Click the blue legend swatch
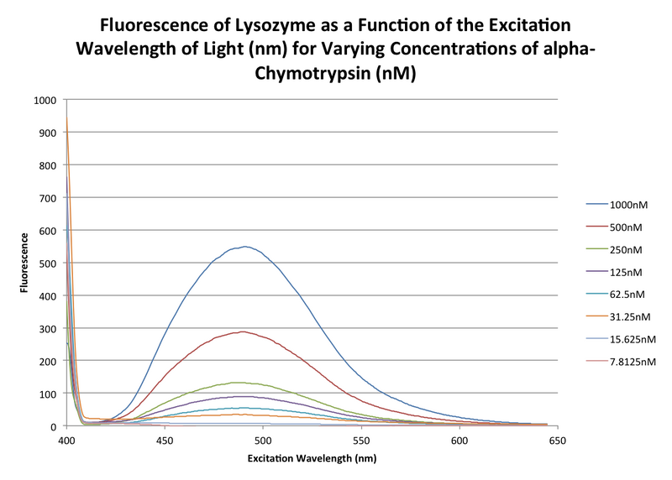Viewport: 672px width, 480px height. (x=597, y=203)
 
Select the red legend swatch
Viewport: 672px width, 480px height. (x=597, y=226)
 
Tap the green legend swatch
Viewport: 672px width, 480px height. (x=597, y=248)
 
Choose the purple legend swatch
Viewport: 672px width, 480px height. (x=597, y=271)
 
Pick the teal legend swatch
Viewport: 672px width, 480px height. (x=597, y=293)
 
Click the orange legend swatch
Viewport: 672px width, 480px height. (x=597, y=316)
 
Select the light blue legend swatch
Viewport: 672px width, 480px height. (x=597, y=338)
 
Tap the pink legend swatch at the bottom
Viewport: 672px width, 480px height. (x=597, y=361)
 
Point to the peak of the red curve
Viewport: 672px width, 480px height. (x=242, y=331)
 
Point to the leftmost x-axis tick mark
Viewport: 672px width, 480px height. (x=66, y=428)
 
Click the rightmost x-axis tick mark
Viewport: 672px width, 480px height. (x=558, y=428)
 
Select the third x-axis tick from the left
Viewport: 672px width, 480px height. (x=263, y=428)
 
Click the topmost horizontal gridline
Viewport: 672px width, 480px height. (x=311, y=99)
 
